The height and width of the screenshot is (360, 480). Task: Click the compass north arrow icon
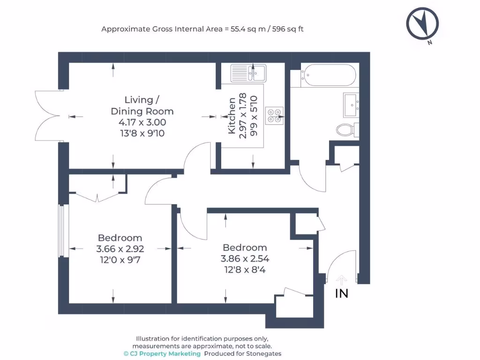[422, 23]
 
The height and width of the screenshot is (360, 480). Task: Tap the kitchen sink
[248, 73]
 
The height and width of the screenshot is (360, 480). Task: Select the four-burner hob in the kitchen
[274, 116]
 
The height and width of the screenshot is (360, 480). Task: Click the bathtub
[329, 75]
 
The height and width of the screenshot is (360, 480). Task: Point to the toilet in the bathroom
[347, 130]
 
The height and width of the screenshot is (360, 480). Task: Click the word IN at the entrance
[342, 293]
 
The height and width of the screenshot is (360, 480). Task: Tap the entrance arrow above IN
[341, 280]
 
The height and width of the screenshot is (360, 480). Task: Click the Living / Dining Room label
[142, 105]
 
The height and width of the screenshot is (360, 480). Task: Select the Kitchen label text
[232, 116]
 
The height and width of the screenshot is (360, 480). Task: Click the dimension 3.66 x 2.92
[120, 248]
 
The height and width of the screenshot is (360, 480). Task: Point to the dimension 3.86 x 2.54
[245, 259]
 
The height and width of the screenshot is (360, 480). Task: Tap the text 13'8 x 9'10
[142, 133]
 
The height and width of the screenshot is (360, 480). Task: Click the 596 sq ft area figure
[288, 29]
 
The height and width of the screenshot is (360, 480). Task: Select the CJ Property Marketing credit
[162, 353]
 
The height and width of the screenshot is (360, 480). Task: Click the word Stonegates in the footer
[264, 353]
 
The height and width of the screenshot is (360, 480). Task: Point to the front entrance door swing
[341, 265]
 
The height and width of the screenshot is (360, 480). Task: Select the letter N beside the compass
[430, 43]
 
